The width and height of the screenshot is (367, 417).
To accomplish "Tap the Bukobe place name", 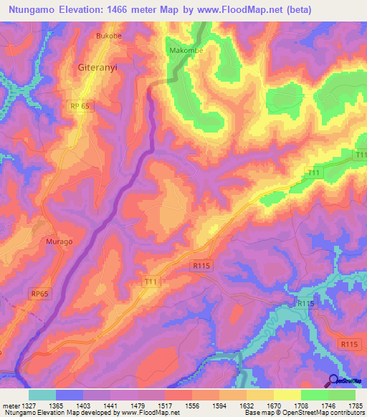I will [110, 35].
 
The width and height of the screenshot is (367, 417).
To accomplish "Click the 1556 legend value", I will [191, 406].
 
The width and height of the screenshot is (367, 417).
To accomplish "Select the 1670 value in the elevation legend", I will [272, 406].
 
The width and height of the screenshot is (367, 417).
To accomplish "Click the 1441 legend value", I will [110, 406].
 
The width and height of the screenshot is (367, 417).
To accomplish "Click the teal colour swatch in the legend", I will [42, 395].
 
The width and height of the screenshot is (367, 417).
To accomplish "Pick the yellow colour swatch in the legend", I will [287, 395].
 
